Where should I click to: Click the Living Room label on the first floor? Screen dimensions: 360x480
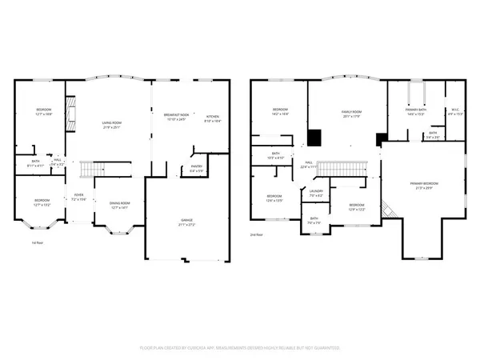110,122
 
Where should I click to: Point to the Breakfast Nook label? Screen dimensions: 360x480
176,116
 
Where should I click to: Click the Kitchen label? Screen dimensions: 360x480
212,116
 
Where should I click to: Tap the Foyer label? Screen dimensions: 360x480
79,195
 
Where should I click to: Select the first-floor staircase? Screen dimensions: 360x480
94,170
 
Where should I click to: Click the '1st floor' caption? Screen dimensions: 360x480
36,242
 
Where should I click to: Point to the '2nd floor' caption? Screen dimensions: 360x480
256,234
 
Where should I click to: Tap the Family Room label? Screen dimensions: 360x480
351,112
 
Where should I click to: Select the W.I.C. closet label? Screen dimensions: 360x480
455,111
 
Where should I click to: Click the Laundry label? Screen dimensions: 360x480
316,191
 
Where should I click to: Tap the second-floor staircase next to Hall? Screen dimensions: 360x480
342,168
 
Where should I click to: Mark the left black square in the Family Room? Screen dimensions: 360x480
316,138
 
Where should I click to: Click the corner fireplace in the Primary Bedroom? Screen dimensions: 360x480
388,208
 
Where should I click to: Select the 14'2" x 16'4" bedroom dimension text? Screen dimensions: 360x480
280,114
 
